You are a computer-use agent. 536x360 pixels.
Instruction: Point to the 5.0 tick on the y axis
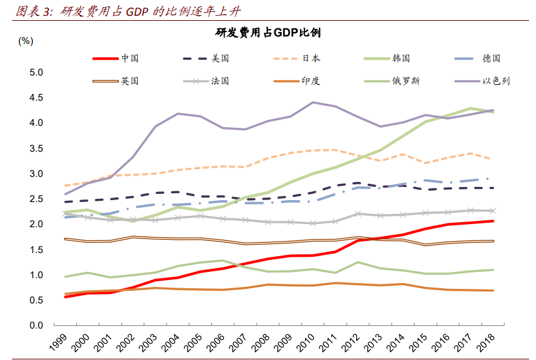coord(36,72)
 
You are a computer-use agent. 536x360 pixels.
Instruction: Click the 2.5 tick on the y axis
coord(36,199)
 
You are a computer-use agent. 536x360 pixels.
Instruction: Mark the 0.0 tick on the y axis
coord(36,325)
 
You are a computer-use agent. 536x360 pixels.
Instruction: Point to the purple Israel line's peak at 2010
coord(313,102)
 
